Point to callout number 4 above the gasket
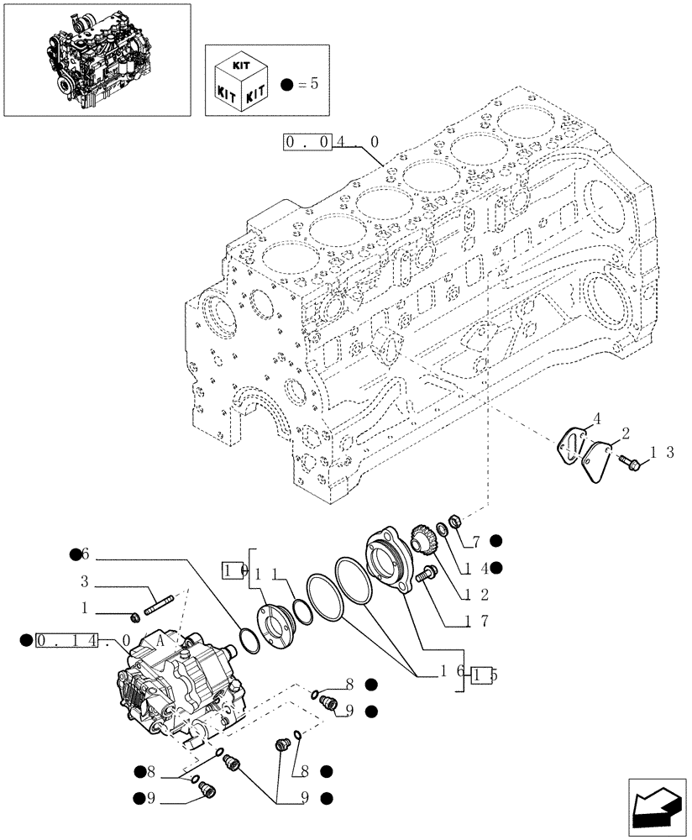596,417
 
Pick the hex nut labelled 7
454,522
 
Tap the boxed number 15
482,674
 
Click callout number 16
448,673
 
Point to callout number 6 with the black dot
84,555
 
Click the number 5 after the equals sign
314,83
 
